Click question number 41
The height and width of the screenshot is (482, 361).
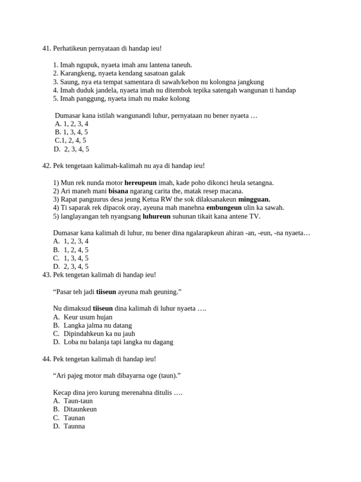click(47, 48)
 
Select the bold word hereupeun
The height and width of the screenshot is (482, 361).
click(140, 183)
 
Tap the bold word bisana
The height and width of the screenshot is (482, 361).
click(118, 191)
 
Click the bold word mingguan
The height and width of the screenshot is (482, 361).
click(254, 199)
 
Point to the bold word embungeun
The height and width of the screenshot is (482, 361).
click(224, 208)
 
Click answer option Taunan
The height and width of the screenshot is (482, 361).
click(74, 418)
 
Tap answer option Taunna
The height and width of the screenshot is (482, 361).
click(74, 426)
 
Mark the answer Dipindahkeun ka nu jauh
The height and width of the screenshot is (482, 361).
click(99, 334)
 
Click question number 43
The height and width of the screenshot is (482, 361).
click(47, 274)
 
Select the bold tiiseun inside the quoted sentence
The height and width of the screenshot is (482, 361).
click(106, 292)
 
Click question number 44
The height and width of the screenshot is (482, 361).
click(47, 359)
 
